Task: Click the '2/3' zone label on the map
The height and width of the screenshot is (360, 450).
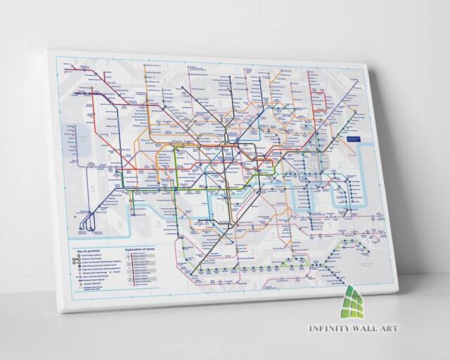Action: tap(313, 163)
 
